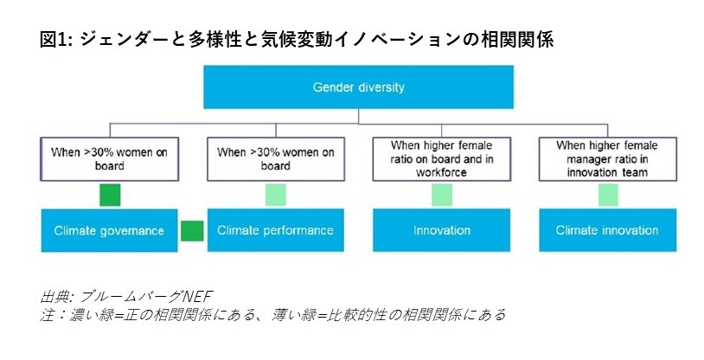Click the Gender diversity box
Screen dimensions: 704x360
click(x=358, y=87)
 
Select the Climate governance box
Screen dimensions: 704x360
click(x=109, y=230)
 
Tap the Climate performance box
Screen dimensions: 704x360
click(x=275, y=230)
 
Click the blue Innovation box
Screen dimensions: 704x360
click(x=441, y=230)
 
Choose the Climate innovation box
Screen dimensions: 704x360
click(x=607, y=230)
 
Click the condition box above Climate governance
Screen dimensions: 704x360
click(x=110, y=159)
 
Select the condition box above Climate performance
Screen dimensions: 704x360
click(x=276, y=159)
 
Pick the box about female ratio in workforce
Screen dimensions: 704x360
click(x=442, y=159)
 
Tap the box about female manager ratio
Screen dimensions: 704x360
click(x=608, y=159)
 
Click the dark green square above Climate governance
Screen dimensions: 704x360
click(x=110, y=195)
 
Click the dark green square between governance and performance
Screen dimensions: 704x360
click(x=192, y=230)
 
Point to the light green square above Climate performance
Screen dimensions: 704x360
click(x=276, y=195)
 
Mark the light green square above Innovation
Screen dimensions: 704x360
click(x=442, y=195)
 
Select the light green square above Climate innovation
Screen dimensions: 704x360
click(x=608, y=195)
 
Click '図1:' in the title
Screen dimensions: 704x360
click(x=56, y=40)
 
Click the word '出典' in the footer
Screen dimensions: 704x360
click(x=54, y=297)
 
